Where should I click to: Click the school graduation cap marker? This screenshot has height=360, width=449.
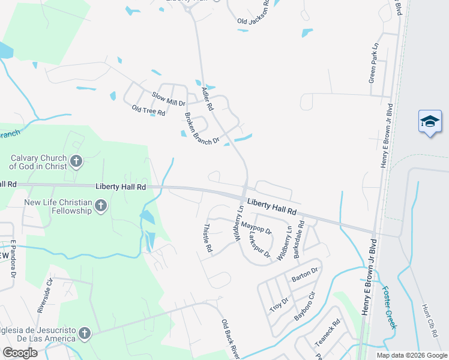click(x=430, y=121)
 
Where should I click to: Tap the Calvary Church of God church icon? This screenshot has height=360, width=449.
click(x=76, y=161)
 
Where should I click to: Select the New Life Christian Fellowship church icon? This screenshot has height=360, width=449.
click(x=100, y=206)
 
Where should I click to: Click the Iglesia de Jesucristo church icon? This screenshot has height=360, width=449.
click(x=85, y=333)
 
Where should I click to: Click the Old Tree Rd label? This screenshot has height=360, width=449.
click(x=148, y=111)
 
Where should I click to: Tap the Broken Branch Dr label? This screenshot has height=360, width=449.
click(x=202, y=129)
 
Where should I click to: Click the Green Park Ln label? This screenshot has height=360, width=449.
click(x=373, y=62)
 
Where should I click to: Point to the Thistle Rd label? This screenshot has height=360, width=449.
click(x=208, y=238)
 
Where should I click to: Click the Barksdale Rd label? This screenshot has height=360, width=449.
click(x=299, y=239)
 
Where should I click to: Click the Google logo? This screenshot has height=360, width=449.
click(x=20, y=352)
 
